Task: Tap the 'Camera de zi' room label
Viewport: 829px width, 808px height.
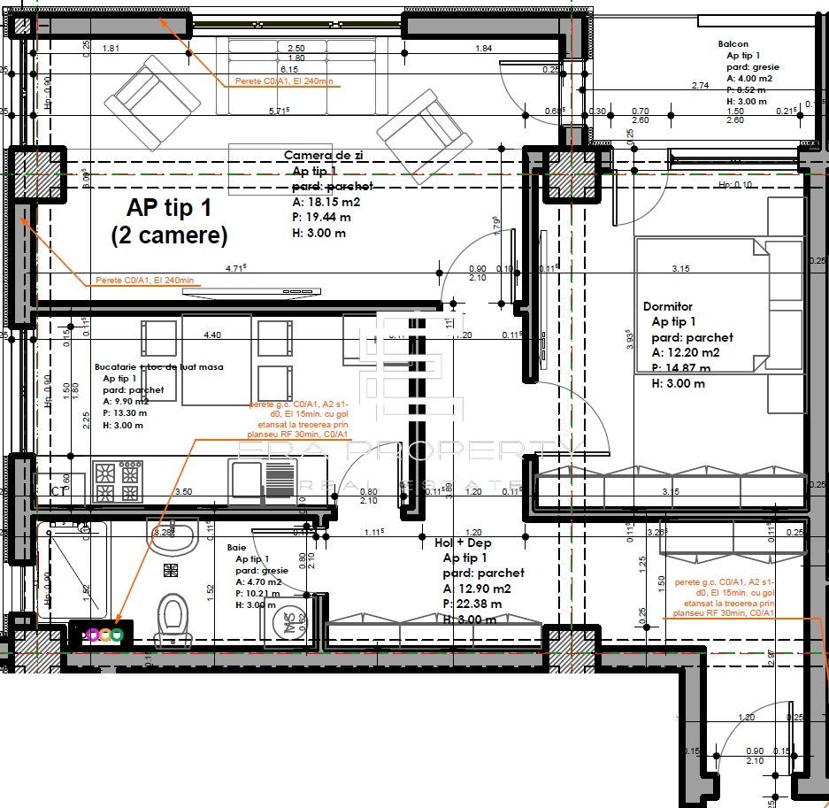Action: [324, 155]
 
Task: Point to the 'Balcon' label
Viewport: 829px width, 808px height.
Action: [733, 43]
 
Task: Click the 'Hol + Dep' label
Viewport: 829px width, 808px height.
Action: [463, 543]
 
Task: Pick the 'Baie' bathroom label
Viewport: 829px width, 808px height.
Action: [236, 548]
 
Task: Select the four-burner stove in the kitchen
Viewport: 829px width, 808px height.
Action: [118, 482]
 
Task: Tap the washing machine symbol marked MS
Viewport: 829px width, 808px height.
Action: [286, 622]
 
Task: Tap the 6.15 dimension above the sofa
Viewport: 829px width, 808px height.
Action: [288, 69]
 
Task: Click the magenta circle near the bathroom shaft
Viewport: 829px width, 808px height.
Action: [93, 634]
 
